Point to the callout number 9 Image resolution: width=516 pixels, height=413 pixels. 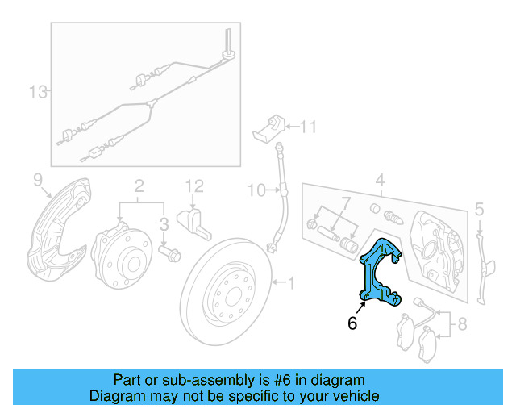tap(37, 178)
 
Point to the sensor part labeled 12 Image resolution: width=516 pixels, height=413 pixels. tap(196, 221)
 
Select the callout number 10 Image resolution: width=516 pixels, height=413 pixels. tap(256, 190)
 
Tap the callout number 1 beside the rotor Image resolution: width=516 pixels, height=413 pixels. tap(291, 282)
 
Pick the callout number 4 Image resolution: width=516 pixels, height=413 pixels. tap(380, 179)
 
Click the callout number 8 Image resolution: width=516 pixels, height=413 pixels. tap(461, 326)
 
